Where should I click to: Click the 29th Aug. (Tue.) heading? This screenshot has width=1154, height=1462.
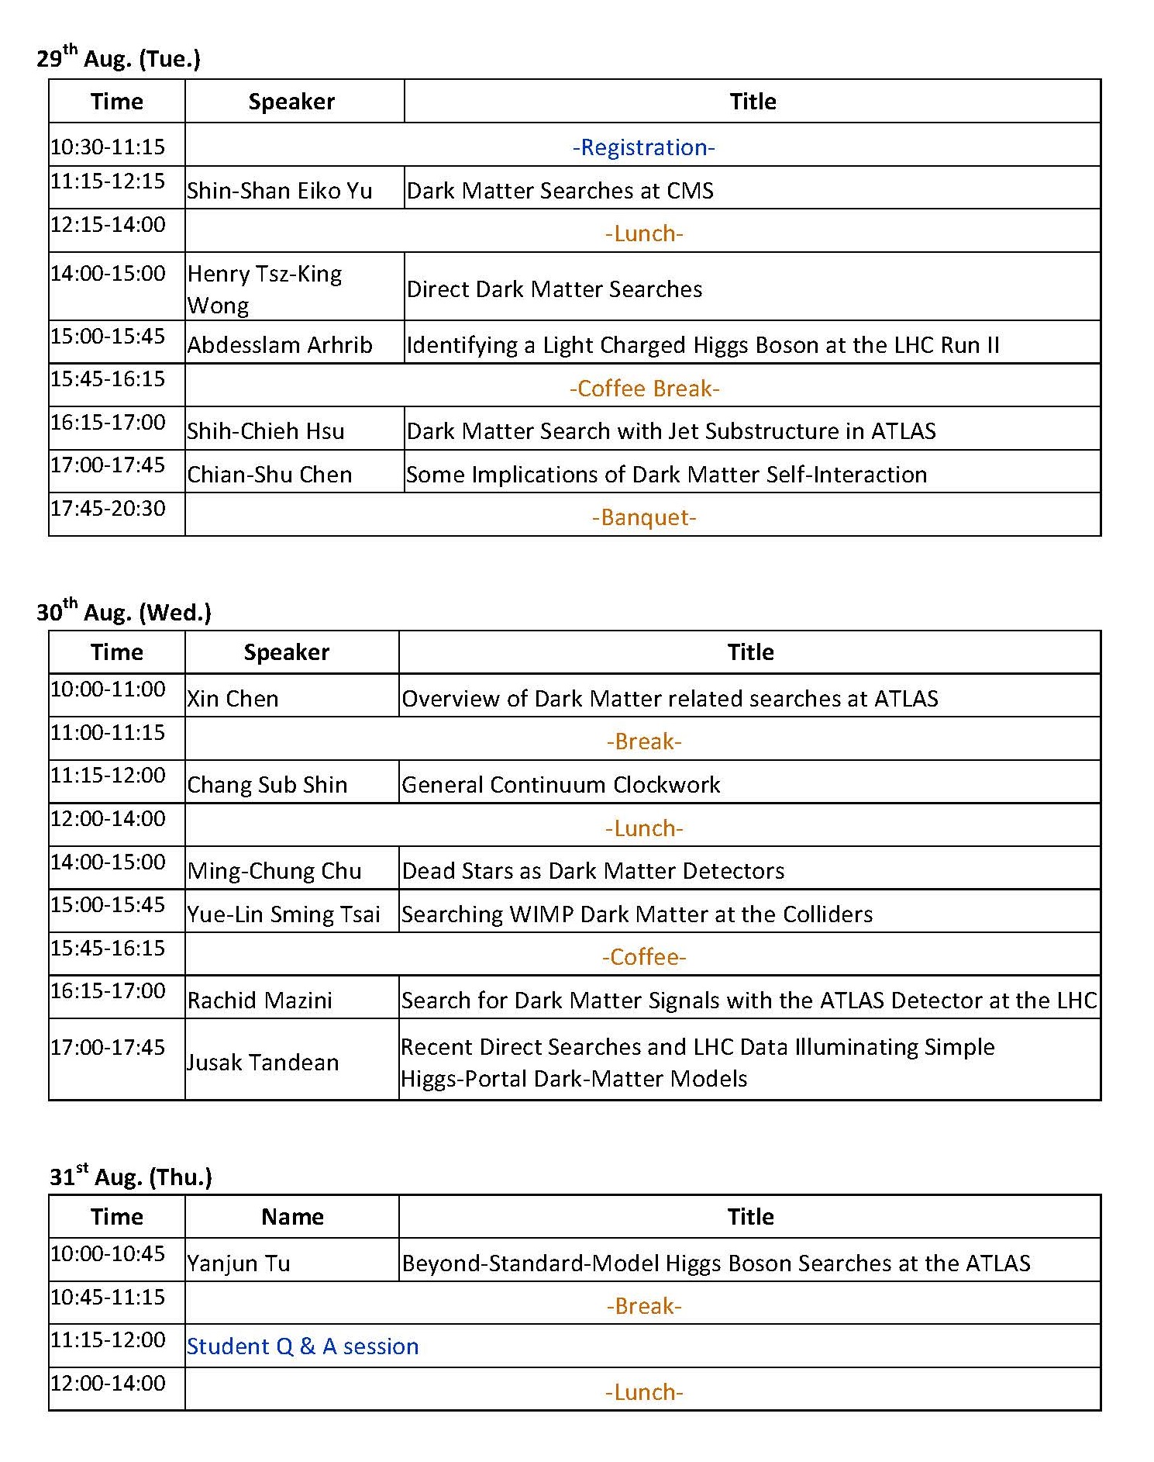point(119,58)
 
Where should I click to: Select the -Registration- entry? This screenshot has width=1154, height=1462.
point(643,147)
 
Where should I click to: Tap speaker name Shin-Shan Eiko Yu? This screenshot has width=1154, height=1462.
point(279,191)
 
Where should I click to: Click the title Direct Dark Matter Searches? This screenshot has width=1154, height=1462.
point(554,289)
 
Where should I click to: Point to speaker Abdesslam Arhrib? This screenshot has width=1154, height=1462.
point(280,345)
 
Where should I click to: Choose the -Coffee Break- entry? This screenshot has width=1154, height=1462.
point(644,388)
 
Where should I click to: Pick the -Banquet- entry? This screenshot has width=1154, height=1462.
point(644,517)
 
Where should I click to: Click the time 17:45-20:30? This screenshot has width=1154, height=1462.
point(109,509)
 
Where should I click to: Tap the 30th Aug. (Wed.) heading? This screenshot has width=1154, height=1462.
point(124,612)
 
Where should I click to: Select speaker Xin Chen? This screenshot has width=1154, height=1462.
point(233,699)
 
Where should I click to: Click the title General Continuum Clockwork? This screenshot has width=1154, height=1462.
point(560,785)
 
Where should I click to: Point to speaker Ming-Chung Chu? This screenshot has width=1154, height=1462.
point(274,871)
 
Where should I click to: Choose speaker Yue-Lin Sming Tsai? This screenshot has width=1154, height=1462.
point(284,914)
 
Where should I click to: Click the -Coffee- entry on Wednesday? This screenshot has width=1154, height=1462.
point(644,957)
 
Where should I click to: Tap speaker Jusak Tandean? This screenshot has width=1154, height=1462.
point(263,1062)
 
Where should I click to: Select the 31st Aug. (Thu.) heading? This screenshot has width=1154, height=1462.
point(130,1177)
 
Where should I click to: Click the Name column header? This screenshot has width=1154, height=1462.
point(292,1216)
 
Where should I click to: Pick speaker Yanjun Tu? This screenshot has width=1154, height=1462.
point(239,1263)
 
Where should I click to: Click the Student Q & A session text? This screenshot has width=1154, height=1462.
point(302,1346)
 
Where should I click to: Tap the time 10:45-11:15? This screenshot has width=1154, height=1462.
point(109,1297)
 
